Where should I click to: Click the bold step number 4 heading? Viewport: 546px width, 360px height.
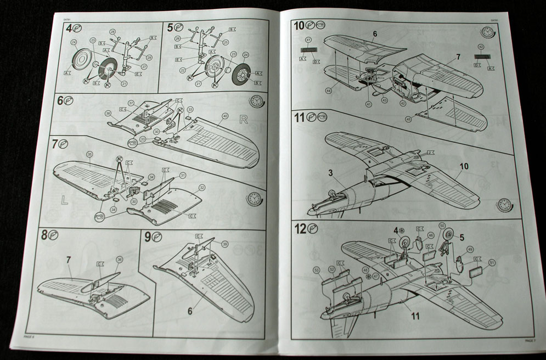(68, 27)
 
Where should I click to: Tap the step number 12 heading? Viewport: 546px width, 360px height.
(300, 227)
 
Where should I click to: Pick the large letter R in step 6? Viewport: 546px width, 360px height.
(244, 119)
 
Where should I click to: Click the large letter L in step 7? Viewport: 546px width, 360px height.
(64, 200)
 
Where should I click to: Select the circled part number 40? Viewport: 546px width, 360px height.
(224, 116)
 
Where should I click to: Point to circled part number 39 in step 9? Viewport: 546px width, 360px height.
(224, 244)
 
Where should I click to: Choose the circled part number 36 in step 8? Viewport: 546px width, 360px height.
(120, 259)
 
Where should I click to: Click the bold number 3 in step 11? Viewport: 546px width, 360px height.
(331, 172)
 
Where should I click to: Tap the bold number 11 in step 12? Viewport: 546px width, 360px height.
(415, 316)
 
